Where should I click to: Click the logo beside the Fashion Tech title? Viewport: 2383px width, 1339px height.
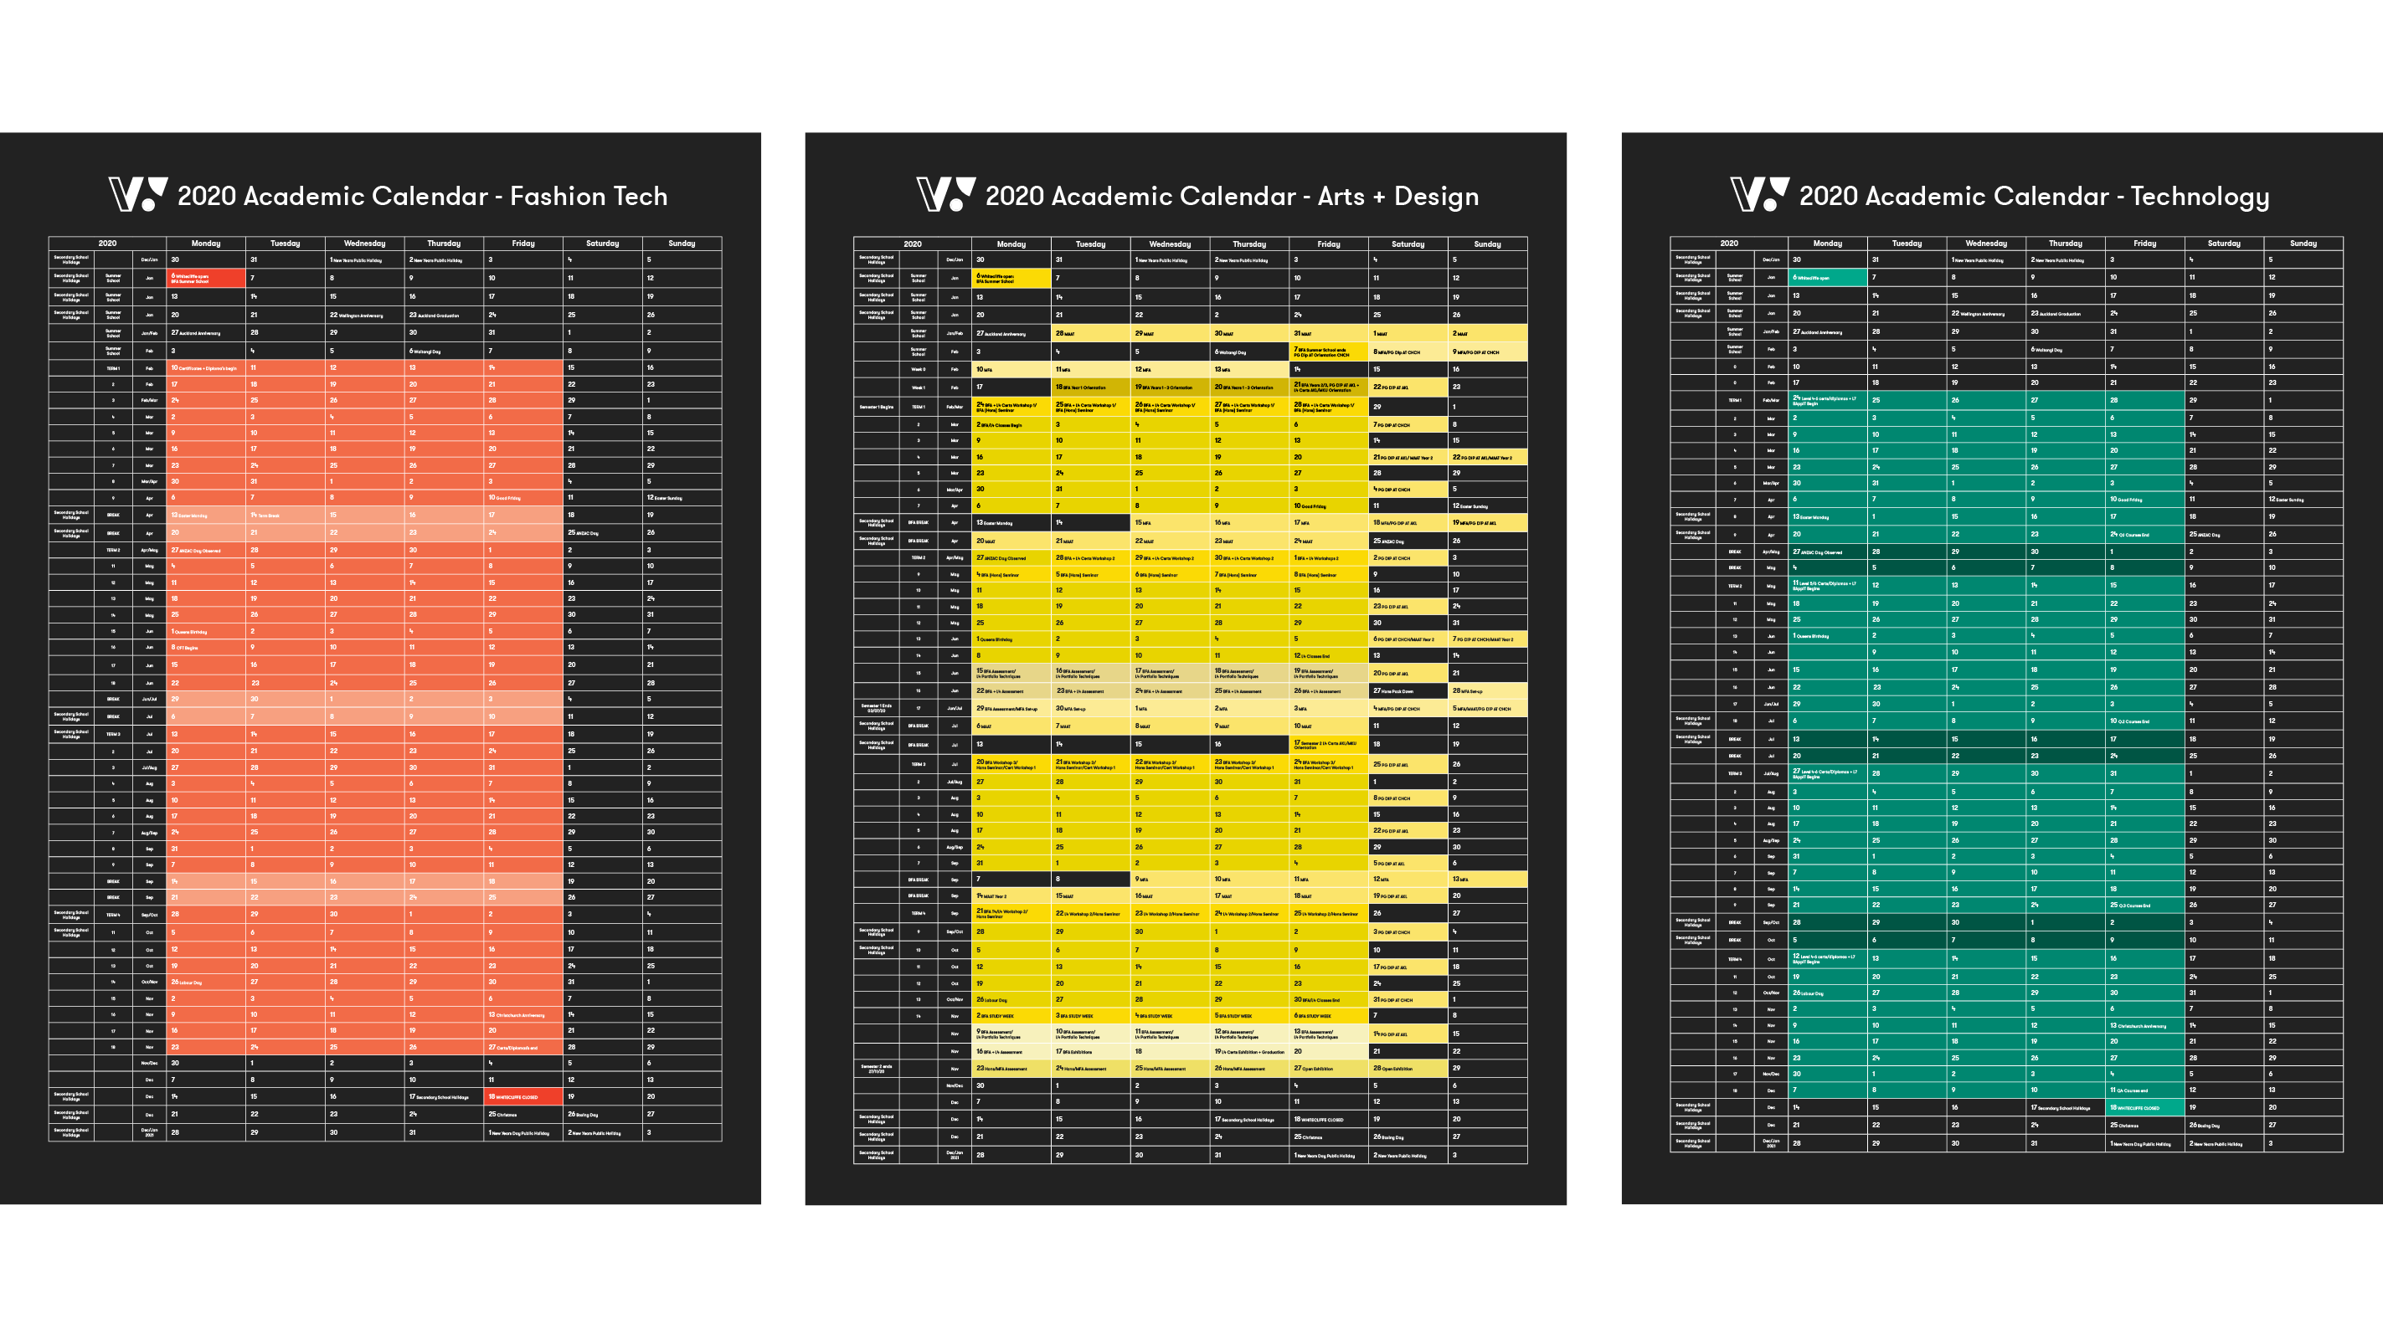[x=138, y=194]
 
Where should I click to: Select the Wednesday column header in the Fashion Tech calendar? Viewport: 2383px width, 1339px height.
[x=364, y=244]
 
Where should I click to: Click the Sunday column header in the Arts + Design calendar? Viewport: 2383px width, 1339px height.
[x=1486, y=244]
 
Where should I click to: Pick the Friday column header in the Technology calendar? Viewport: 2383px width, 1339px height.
[x=2144, y=244]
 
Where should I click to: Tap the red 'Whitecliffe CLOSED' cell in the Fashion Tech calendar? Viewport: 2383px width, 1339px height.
[x=522, y=1096]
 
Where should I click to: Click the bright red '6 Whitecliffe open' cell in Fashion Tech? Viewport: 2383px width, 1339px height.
[x=205, y=277]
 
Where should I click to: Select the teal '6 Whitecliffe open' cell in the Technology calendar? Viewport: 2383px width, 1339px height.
[x=1827, y=277]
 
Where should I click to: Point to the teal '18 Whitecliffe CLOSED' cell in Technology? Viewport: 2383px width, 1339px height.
[x=2145, y=1107]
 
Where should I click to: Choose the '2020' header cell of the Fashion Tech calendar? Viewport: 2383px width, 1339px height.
[x=107, y=244]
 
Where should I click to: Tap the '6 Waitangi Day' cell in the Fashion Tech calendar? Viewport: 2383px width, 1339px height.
[x=443, y=351]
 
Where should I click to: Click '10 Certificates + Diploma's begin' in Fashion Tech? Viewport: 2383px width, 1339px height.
[x=205, y=368]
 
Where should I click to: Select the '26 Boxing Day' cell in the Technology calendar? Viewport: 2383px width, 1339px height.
[x=2224, y=1126]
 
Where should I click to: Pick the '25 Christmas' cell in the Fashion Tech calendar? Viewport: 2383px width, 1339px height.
[x=522, y=1114]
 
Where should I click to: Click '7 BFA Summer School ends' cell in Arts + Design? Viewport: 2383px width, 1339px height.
[x=1329, y=351]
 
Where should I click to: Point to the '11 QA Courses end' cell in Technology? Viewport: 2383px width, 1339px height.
[x=2145, y=1090]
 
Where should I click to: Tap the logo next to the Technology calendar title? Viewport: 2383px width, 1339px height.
[x=1759, y=194]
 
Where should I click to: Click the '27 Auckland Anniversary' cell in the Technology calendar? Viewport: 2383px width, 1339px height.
[x=1827, y=331]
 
